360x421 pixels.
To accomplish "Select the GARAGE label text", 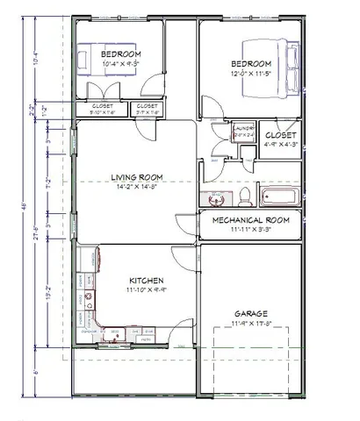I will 250,313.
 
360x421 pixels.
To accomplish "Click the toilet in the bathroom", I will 247,195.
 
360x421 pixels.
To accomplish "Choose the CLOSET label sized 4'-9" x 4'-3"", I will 281,136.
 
